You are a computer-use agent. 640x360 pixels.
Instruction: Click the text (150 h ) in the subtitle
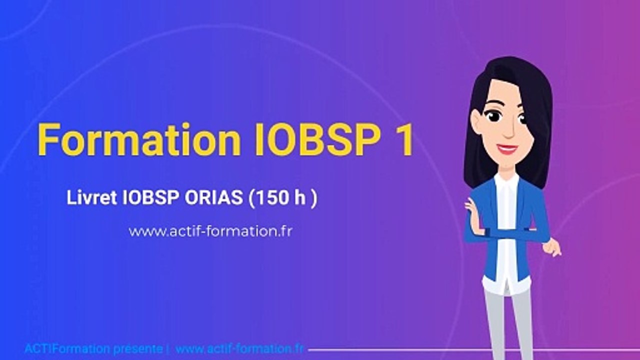point(282,198)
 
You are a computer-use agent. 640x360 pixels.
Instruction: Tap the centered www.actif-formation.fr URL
point(210,231)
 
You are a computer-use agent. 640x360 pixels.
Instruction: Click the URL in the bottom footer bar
point(239,348)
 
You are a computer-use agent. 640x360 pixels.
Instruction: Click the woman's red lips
point(507,148)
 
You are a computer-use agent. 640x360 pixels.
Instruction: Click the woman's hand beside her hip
point(552,247)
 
